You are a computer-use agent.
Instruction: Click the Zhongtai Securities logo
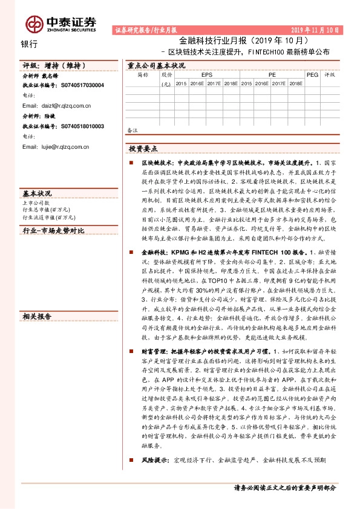(61, 24)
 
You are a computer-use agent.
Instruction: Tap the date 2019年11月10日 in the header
(319, 29)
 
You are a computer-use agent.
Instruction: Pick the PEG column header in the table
(312, 76)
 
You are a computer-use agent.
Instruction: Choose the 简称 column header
(143, 76)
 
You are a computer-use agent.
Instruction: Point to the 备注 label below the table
(133, 130)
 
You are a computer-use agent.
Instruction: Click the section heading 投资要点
(143, 148)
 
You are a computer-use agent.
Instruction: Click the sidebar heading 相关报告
(37, 316)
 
